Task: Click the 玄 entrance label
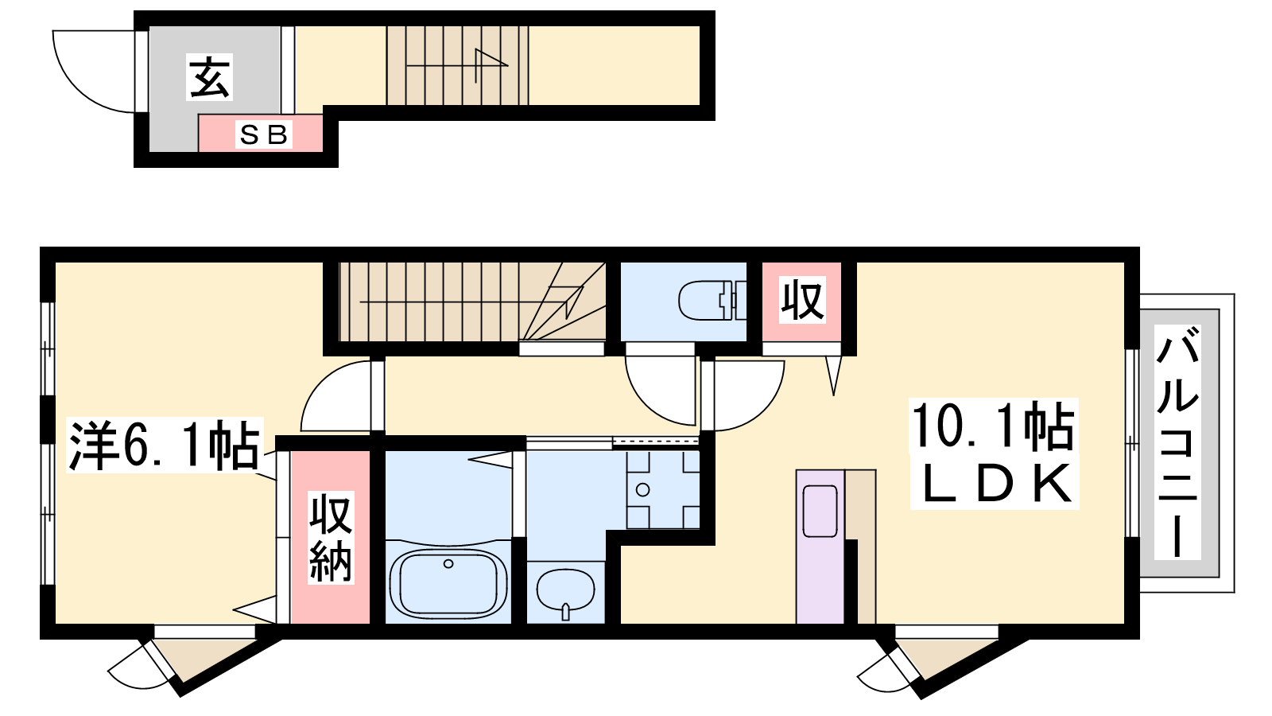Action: (210, 77)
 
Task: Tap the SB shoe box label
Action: (263, 134)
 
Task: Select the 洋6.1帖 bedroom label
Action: (164, 446)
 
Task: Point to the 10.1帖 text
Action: (993, 426)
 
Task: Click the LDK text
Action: (995, 484)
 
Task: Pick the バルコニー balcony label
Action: (1177, 442)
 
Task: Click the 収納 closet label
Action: (331, 537)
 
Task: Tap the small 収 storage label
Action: (802, 300)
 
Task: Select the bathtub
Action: (448, 584)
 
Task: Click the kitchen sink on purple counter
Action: (820, 511)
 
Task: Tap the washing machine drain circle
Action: (643, 489)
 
